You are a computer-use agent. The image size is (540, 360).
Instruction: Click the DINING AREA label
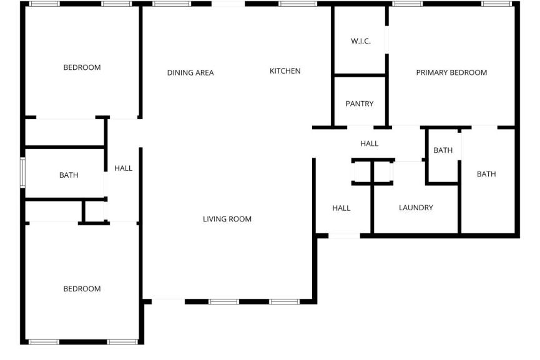(x=190, y=72)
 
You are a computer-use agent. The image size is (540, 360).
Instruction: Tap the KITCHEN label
(x=285, y=71)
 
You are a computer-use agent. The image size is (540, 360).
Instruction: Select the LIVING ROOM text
(x=227, y=219)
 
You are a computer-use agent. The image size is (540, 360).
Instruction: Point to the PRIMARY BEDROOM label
(x=451, y=72)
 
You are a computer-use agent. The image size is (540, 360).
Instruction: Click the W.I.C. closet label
(x=361, y=41)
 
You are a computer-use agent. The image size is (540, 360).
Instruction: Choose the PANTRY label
(x=360, y=104)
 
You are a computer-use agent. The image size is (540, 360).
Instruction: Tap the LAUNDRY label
(x=416, y=208)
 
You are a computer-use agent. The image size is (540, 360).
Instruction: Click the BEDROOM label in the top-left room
(x=82, y=67)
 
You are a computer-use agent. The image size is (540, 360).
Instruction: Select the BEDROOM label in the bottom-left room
(x=82, y=289)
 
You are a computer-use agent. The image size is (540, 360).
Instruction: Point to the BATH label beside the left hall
(x=69, y=175)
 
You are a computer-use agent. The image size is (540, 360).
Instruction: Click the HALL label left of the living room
(x=123, y=168)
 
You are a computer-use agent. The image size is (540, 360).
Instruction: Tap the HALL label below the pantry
(x=369, y=144)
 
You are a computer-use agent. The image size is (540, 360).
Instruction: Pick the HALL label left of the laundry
(x=341, y=208)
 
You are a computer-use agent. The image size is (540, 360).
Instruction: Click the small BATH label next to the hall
(x=443, y=150)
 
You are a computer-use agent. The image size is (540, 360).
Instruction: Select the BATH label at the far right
(x=486, y=174)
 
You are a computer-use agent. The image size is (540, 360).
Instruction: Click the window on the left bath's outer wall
(x=22, y=172)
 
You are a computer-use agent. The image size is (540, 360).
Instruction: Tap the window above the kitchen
(x=298, y=4)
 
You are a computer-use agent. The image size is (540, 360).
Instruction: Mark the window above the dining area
(x=172, y=4)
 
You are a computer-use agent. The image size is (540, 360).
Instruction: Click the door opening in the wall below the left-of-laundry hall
(x=344, y=236)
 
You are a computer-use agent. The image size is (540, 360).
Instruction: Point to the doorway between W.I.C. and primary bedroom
(x=387, y=39)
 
